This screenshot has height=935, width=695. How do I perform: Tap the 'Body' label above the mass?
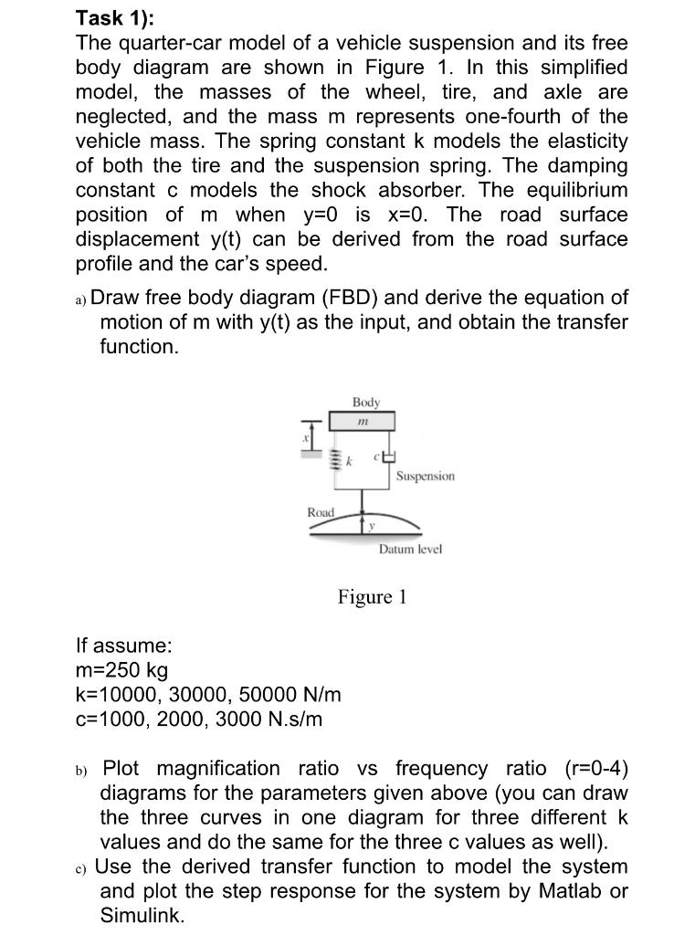[366, 402]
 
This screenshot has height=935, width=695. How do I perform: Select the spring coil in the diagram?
[335, 458]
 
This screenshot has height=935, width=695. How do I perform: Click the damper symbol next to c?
[387, 457]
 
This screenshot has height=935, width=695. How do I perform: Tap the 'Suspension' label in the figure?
[425, 476]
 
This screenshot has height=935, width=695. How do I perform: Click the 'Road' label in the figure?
[321, 512]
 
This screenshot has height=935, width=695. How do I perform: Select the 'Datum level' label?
[410, 549]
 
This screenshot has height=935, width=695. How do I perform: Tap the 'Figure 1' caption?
[372, 597]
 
